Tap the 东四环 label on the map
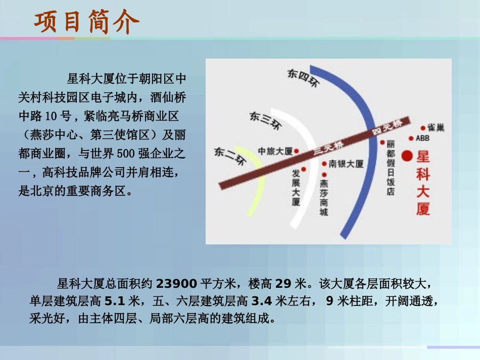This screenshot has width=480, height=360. click(x=303, y=79)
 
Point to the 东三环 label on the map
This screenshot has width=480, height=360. click(x=265, y=121)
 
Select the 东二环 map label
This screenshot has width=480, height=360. click(x=229, y=156)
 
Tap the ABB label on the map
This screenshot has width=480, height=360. click(x=422, y=138)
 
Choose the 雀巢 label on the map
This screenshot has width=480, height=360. click(x=436, y=128)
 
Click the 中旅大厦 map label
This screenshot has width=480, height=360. click(x=275, y=151)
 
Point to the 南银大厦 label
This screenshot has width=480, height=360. click(x=346, y=164)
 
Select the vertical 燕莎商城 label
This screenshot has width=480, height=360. click(x=324, y=197)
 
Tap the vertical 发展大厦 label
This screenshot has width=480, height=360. click(x=296, y=187)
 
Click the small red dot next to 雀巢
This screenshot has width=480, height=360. click(x=423, y=128)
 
